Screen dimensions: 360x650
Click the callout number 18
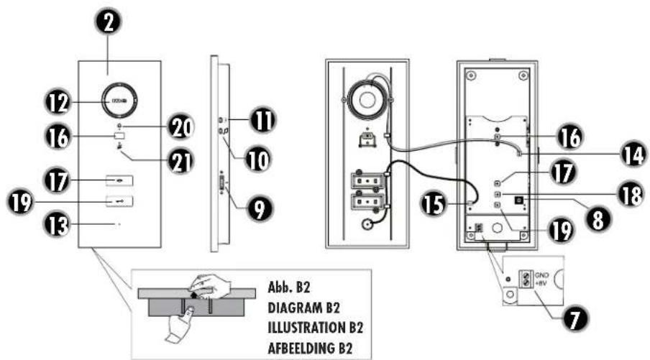coord(628,195)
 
